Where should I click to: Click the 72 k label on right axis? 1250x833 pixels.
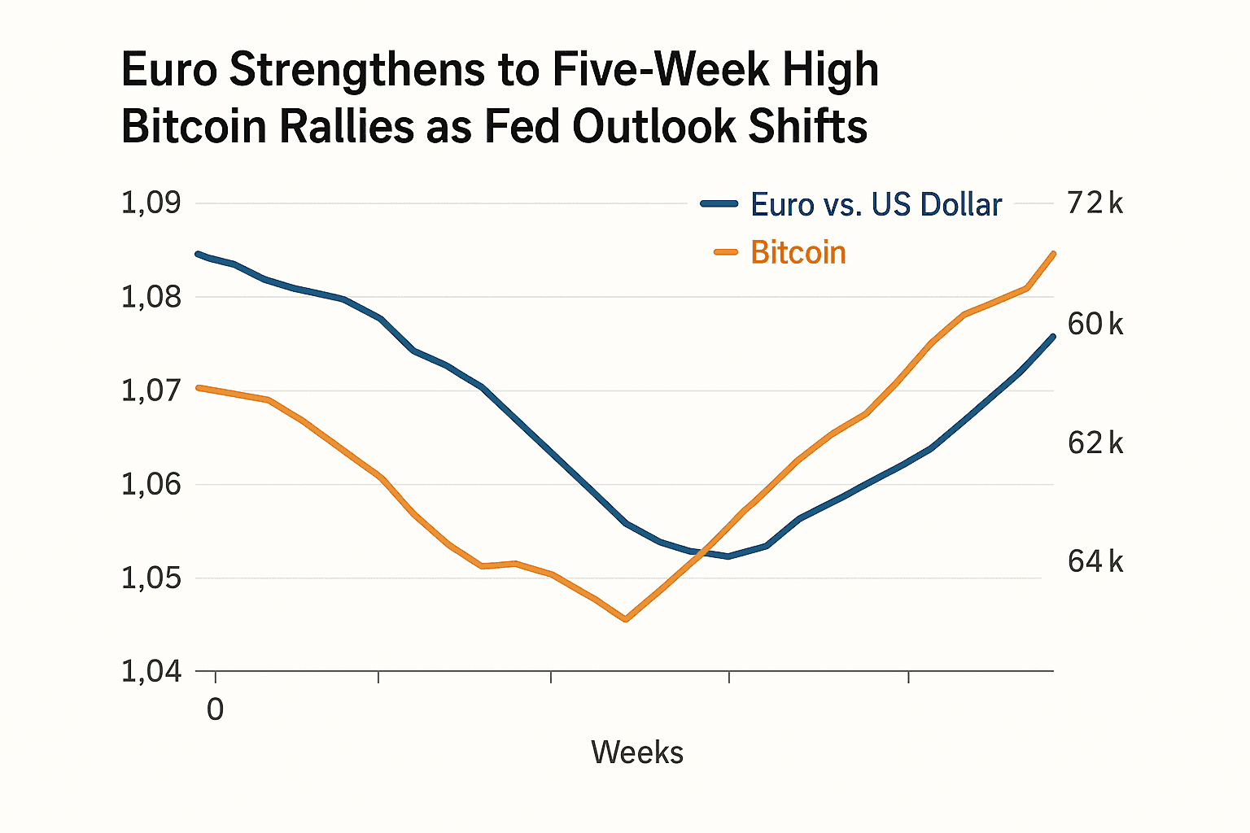tap(1095, 203)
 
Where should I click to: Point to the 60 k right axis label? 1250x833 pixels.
tap(1095, 325)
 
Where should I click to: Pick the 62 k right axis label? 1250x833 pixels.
tap(1095, 443)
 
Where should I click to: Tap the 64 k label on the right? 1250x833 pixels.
tap(1095, 561)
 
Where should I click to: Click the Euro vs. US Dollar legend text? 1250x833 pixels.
tap(876, 204)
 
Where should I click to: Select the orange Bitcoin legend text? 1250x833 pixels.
tap(798, 253)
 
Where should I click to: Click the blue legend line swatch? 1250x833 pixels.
tap(719, 204)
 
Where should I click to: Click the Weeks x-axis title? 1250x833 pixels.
tap(637, 752)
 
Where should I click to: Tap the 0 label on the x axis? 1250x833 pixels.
tap(215, 709)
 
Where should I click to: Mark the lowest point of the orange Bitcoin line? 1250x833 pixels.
tap(625, 620)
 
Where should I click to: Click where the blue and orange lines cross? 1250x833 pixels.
tap(697, 552)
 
